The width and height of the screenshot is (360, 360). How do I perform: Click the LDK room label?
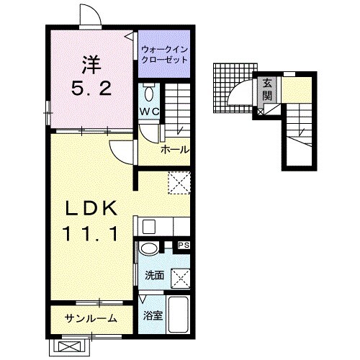point(91,208)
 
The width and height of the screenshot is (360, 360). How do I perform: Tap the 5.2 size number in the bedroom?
point(91,88)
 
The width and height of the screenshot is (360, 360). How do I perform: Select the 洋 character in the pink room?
point(91,64)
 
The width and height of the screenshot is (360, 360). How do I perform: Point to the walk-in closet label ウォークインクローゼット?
point(164,55)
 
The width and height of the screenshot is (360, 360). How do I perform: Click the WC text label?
point(149,112)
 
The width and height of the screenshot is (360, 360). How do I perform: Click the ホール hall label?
point(175,150)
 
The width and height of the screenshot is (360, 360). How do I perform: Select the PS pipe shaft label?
point(184,246)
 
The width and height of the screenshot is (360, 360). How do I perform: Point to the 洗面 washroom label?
point(155,276)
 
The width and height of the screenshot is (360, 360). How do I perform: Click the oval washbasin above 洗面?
point(149,248)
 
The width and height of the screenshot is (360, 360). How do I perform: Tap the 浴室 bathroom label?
point(153,315)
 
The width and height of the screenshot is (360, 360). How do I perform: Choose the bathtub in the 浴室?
point(178,315)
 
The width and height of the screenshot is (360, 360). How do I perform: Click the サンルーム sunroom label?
point(91,319)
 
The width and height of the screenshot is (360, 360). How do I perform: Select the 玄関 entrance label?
point(267,89)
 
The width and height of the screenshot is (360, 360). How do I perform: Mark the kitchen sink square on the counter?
point(149,227)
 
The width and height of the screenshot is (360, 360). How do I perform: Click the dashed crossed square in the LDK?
point(179,183)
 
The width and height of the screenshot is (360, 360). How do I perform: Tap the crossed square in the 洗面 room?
point(180,279)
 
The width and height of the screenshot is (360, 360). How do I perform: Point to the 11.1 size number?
point(91,235)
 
